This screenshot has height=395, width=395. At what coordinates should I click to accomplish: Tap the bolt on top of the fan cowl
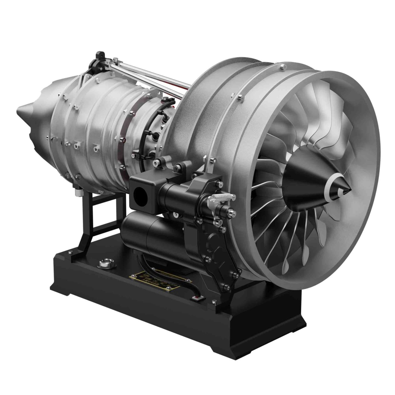click(283, 66)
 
